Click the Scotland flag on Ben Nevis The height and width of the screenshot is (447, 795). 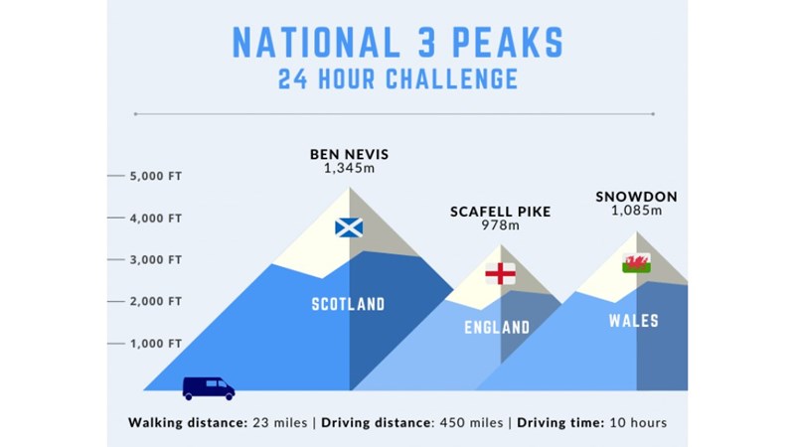349,227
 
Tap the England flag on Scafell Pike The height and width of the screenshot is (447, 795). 500,274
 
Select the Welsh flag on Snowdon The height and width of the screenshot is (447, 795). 636,263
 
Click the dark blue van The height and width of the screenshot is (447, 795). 209,388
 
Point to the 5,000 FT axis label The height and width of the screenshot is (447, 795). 156,176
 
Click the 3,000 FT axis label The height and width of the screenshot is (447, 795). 156,259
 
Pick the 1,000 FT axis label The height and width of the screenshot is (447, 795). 156,343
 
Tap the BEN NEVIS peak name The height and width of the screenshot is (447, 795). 350,154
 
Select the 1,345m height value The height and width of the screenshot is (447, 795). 350,168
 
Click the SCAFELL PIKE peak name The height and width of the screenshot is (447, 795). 501,212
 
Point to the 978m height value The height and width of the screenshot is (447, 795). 501,224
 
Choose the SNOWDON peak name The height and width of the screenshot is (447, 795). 636,196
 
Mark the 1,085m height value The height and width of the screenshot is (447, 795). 636,210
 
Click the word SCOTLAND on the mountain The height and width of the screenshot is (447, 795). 349,304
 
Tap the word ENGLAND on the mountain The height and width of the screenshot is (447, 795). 497,328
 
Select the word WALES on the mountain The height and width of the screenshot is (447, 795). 634,320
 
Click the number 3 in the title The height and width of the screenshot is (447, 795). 426,42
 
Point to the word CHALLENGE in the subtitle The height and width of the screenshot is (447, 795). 452,79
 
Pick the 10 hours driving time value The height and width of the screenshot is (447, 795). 638,423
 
